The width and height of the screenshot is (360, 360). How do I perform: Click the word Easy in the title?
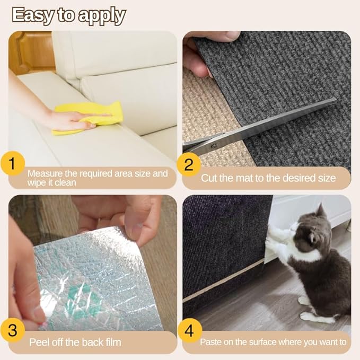point(33,15)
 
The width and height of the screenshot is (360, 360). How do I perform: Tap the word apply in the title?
point(102,16)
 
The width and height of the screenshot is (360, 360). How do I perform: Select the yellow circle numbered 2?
point(189,164)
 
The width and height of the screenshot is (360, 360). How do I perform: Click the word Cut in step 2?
point(208,178)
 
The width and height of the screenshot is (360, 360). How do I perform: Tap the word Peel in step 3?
point(40,342)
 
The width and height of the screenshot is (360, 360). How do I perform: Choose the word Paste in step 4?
point(212,343)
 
